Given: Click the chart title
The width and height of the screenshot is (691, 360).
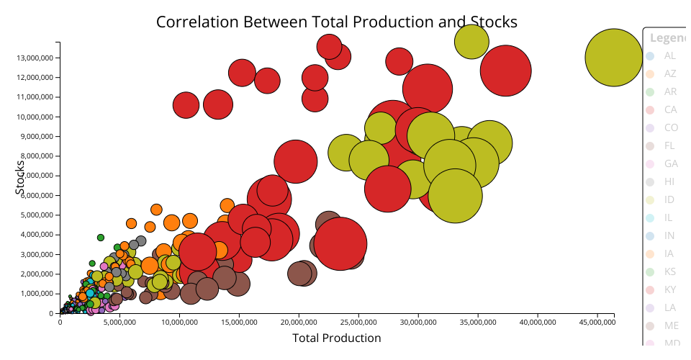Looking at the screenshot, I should click(336, 22).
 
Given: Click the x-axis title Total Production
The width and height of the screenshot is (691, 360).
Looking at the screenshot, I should click(336, 338).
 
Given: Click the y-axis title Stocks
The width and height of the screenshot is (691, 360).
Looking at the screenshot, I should click(20, 176).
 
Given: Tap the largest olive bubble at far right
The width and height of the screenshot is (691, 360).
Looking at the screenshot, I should click(613, 58).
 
